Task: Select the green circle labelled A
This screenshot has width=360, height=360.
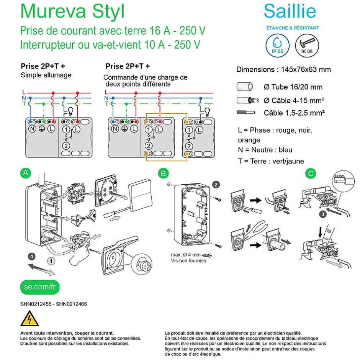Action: tap(25, 173)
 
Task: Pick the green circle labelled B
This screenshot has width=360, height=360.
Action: tap(164, 173)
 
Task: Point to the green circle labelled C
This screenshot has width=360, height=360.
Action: tap(311, 173)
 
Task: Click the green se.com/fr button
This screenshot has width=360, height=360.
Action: tap(40, 286)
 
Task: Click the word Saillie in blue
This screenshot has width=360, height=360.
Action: tap(290, 11)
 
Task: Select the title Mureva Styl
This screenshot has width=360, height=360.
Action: tap(72, 11)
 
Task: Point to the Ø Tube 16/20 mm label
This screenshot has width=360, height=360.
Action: tap(293, 87)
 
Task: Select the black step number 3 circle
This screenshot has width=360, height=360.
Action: tap(323, 214)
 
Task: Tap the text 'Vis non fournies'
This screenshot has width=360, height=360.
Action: tap(188, 260)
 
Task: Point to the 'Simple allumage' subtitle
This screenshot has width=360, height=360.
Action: tap(46, 75)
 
